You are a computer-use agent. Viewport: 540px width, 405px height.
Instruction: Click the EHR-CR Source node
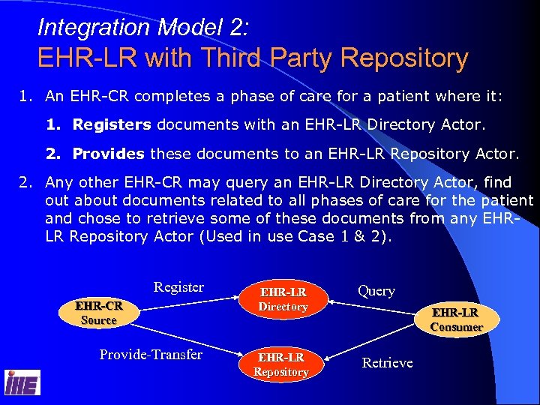(x=98, y=313)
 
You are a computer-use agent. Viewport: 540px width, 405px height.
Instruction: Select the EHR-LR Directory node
(x=283, y=299)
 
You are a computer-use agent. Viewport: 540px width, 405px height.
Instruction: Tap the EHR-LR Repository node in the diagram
(x=281, y=364)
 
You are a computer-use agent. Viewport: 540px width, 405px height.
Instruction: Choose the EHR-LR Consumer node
(x=456, y=319)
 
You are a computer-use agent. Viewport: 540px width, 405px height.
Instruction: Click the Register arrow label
(x=178, y=287)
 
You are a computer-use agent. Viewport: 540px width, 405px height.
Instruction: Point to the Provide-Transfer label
(x=151, y=355)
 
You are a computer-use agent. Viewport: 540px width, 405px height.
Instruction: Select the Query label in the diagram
(x=376, y=291)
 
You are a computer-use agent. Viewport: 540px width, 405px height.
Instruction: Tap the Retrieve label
(x=387, y=363)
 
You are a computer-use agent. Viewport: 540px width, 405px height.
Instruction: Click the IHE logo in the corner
(x=22, y=383)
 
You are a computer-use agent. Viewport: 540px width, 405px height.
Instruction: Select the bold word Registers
(x=112, y=125)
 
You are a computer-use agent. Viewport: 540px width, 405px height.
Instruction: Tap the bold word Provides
(x=108, y=154)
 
